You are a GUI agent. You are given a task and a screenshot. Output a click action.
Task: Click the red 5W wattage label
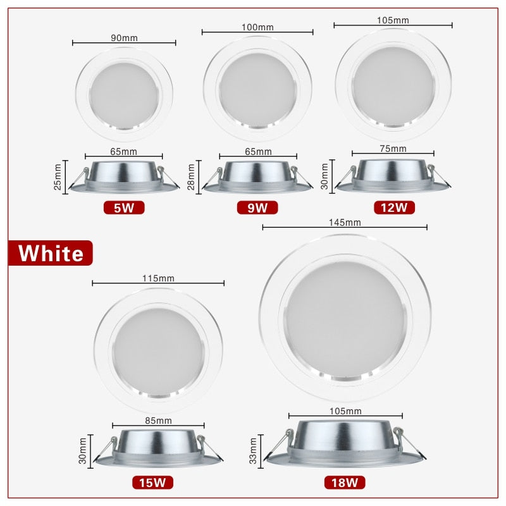coord(124,207)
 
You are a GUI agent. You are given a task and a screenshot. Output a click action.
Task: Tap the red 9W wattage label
coord(257,207)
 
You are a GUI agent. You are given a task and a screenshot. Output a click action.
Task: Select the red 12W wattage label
coord(393,207)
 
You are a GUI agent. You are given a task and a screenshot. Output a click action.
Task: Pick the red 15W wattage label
coord(152,483)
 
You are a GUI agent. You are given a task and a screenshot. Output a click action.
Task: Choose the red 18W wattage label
coord(345,483)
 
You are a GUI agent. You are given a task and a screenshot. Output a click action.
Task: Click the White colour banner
coord(51,253)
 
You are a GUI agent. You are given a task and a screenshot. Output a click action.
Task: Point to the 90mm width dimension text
coord(123,38)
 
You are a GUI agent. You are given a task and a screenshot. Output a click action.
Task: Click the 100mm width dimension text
coord(257,27)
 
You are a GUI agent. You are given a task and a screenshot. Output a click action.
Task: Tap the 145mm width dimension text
coord(345,222)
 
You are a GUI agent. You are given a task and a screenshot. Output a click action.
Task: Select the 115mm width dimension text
coord(158,278)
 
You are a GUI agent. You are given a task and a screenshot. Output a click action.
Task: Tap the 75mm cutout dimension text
coord(393,149)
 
